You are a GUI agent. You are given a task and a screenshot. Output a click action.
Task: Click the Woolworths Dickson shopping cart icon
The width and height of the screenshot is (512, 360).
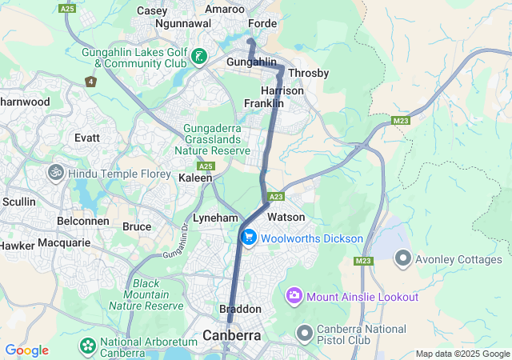click(249, 238)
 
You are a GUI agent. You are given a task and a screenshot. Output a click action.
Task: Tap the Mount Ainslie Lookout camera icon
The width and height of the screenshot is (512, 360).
click(294, 297)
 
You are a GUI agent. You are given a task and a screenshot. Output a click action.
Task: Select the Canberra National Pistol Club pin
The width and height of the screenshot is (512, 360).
click(304, 332)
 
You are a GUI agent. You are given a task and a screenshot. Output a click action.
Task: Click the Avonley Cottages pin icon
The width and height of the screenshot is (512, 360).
click(402, 258)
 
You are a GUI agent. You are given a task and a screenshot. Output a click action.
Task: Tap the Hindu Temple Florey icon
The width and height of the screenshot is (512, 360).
click(56, 173)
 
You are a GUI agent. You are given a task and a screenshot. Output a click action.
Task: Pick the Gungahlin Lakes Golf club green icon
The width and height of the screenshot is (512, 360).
click(198, 57)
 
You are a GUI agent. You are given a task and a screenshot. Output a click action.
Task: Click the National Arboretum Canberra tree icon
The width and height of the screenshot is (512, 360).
click(87, 346)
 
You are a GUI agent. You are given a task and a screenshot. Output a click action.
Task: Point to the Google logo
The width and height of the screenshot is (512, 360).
click(26, 350)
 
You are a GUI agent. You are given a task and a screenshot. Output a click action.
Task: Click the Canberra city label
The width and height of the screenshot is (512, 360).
click(231, 335)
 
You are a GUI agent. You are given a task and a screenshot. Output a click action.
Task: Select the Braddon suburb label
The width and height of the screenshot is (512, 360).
click(240, 309)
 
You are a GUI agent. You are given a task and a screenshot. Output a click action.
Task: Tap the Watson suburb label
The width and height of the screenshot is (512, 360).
click(286, 217)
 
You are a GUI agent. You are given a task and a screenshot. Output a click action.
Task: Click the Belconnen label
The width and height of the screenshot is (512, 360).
click(82, 220)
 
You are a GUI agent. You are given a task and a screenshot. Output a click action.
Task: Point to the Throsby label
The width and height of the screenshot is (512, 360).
click(308, 73)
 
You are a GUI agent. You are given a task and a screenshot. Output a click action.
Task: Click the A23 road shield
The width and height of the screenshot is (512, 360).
click(277, 196)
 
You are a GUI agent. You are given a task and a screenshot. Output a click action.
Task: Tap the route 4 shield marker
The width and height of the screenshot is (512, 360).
click(90, 81)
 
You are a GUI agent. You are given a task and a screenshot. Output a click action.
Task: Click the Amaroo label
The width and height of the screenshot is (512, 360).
click(225, 9)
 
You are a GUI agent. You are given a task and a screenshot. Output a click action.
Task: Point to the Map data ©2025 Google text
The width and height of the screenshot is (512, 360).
click(462, 354)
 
